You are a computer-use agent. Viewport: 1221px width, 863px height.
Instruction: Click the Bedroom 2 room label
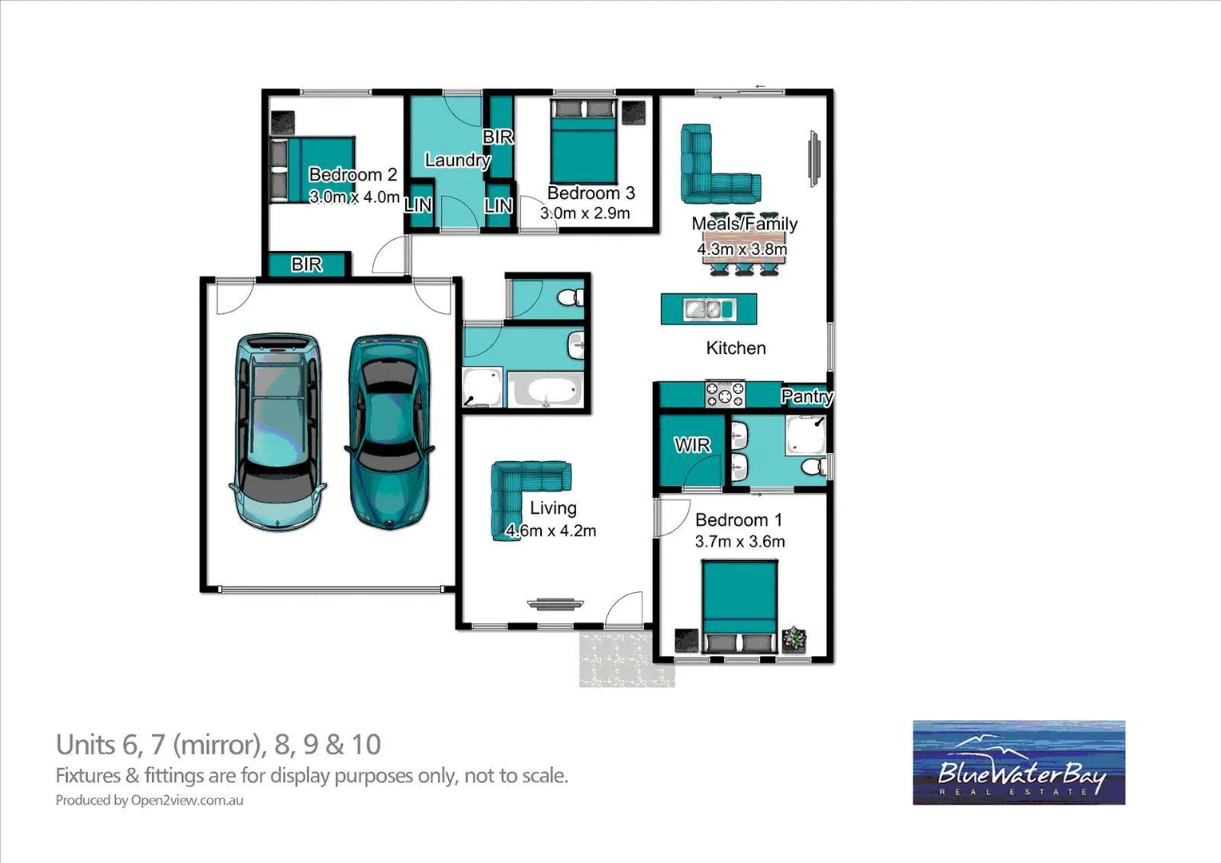[352, 175]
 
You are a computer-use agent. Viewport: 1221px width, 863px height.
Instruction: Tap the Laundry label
[457, 160]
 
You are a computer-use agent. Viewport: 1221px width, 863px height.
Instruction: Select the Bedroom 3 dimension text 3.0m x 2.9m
[585, 213]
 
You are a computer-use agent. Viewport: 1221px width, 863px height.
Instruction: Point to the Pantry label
[806, 396]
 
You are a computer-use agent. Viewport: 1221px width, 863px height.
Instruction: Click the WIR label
[692, 445]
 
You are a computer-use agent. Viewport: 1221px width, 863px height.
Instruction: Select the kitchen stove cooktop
[724, 395]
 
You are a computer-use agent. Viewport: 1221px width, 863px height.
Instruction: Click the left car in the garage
[276, 431]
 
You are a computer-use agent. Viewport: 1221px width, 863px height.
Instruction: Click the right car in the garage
[389, 431]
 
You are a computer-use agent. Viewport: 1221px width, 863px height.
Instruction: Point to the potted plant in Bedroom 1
[794, 638]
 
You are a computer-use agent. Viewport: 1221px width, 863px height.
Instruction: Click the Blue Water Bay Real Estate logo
[1019, 762]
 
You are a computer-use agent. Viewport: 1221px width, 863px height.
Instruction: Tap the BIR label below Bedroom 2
[306, 264]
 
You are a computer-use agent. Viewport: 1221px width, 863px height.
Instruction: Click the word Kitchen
[736, 348]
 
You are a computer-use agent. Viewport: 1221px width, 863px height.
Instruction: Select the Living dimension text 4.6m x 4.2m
[551, 531]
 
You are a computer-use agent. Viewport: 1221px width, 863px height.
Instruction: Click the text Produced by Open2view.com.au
[149, 800]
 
